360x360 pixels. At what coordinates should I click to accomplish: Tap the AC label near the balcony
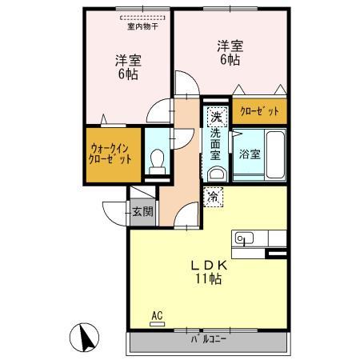156,318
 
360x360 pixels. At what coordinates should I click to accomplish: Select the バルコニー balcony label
207,339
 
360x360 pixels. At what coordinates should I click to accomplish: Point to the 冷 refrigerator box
214,194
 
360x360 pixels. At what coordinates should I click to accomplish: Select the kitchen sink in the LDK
243,238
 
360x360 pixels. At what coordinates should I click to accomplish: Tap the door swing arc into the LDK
187,214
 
